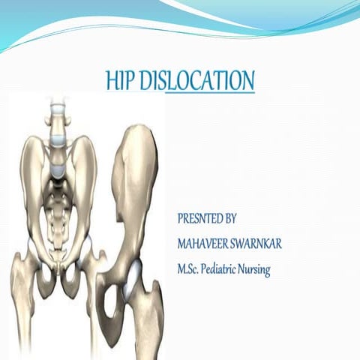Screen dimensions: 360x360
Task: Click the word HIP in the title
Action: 122,81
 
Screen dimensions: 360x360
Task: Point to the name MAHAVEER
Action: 205,244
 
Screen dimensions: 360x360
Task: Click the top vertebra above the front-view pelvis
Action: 55,106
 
